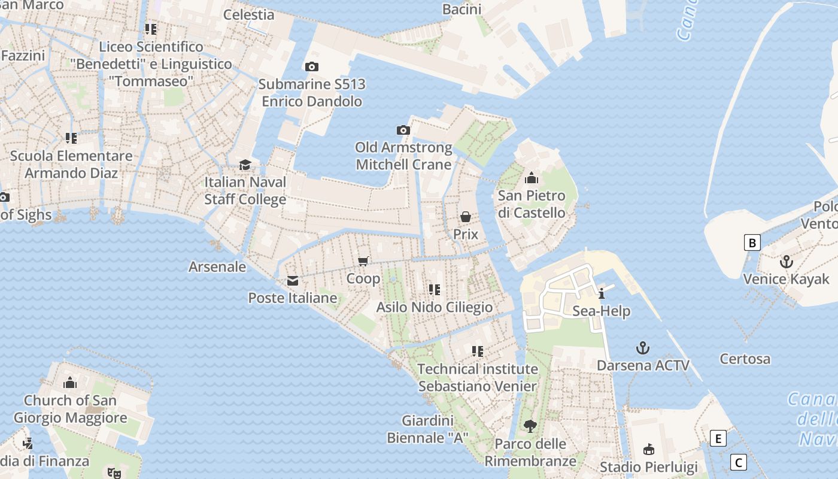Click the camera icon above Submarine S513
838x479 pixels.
(x=311, y=66)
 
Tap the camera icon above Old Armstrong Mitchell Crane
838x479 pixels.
(x=403, y=130)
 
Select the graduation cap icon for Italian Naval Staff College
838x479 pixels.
(x=245, y=165)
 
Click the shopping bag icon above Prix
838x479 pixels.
(x=465, y=217)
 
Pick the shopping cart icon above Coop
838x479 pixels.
(x=363, y=261)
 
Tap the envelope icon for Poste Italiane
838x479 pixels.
(x=293, y=280)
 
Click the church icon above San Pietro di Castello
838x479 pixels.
(x=531, y=178)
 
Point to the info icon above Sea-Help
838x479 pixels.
(x=601, y=293)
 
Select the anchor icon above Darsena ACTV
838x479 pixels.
(x=642, y=348)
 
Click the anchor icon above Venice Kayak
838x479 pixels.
(x=786, y=262)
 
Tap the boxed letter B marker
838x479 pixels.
(x=752, y=242)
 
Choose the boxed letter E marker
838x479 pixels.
(x=718, y=438)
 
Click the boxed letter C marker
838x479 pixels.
(x=739, y=462)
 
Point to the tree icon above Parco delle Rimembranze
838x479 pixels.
(x=530, y=426)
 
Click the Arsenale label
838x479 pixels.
(x=217, y=266)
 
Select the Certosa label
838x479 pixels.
(x=745, y=359)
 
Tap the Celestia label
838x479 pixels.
(x=248, y=14)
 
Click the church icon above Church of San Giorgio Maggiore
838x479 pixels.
(x=70, y=382)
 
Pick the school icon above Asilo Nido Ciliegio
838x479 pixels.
(x=435, y=290)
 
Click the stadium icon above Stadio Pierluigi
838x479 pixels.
(x=648, y=449)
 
